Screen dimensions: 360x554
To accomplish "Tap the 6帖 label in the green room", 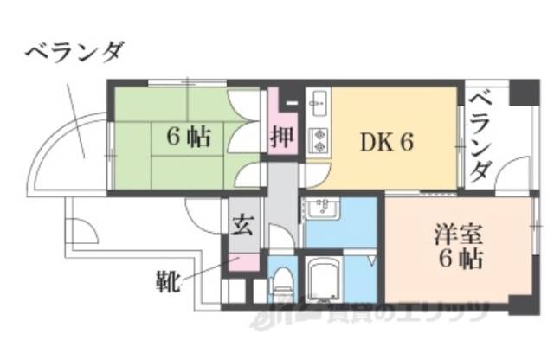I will (x=187, y=137).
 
